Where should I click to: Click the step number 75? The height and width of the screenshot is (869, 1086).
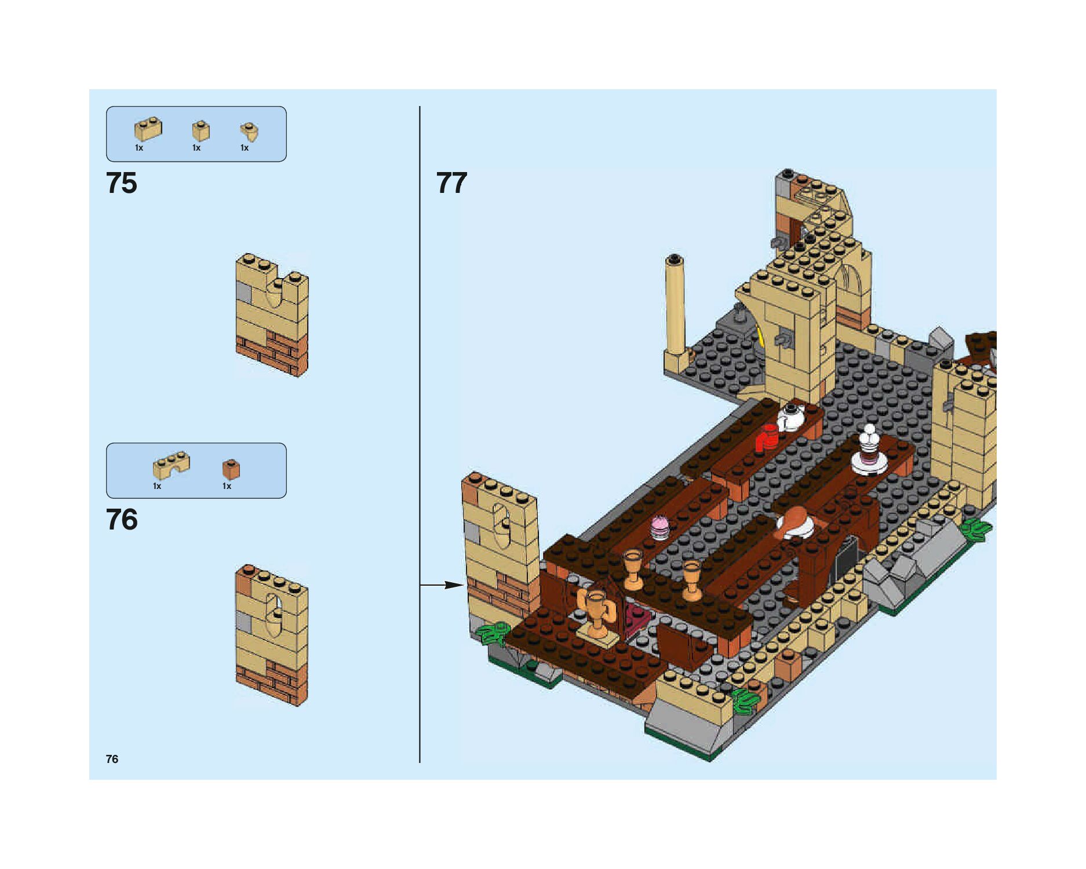(x=122, y=183)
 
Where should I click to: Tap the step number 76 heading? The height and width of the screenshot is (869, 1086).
(x=122, y=520)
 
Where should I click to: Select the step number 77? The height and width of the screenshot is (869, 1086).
(x=451, y=183)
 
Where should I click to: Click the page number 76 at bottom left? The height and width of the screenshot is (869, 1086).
(x=112, y=759)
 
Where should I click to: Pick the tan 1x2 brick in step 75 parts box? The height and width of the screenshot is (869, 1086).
(x=148, y=130)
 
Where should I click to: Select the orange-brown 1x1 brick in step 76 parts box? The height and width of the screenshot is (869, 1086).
(x=231, y=469)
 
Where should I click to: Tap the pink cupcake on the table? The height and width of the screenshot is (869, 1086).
(x=659, y=527)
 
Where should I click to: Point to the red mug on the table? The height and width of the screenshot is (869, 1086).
(x=767, y=437)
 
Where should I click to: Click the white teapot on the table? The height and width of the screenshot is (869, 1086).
(x=790, y=417)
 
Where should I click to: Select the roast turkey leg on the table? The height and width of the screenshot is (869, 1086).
(x=794, y=521)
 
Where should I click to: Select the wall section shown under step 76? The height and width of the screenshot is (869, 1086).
(x=272, y=636)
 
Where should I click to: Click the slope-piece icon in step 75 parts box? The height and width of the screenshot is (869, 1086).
(x=249, y=132)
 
